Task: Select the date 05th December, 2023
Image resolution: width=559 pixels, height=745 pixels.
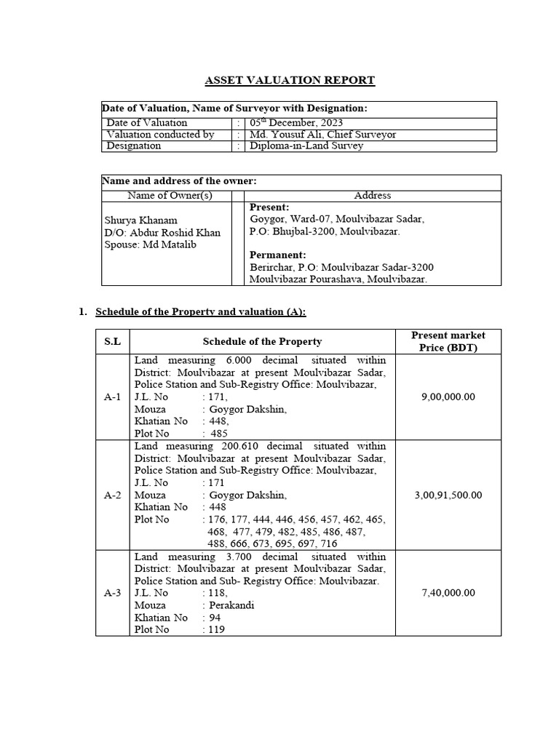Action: (x=296, y=123)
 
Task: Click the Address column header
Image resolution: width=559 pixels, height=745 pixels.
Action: (x=372, y=195)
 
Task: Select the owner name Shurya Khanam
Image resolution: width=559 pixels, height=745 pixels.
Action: (x=140, y=220)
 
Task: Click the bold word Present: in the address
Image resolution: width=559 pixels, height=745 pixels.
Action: (x=269, y=207)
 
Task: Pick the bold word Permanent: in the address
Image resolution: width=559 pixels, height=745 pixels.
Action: (x=277, y=255)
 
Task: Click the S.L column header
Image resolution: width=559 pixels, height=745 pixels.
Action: (x=113, y=341)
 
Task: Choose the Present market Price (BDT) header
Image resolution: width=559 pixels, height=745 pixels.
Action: (x=448, y=341)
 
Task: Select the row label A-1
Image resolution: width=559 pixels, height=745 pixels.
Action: (x=113, y=397)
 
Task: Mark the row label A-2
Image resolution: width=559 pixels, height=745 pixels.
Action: (x=113, y=495)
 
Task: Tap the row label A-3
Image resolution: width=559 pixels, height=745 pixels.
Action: (x=113, y=593)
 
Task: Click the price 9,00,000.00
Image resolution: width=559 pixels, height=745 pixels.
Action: (x=448, y=397)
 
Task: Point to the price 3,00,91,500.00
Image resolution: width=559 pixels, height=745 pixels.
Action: (x=448, y=495)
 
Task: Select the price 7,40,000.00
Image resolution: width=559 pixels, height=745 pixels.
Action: (x=448, y=593)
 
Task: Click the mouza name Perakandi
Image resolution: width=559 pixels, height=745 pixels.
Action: (x=229, y=605)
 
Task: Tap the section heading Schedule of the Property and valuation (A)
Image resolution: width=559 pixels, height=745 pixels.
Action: (x=201, y=311)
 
